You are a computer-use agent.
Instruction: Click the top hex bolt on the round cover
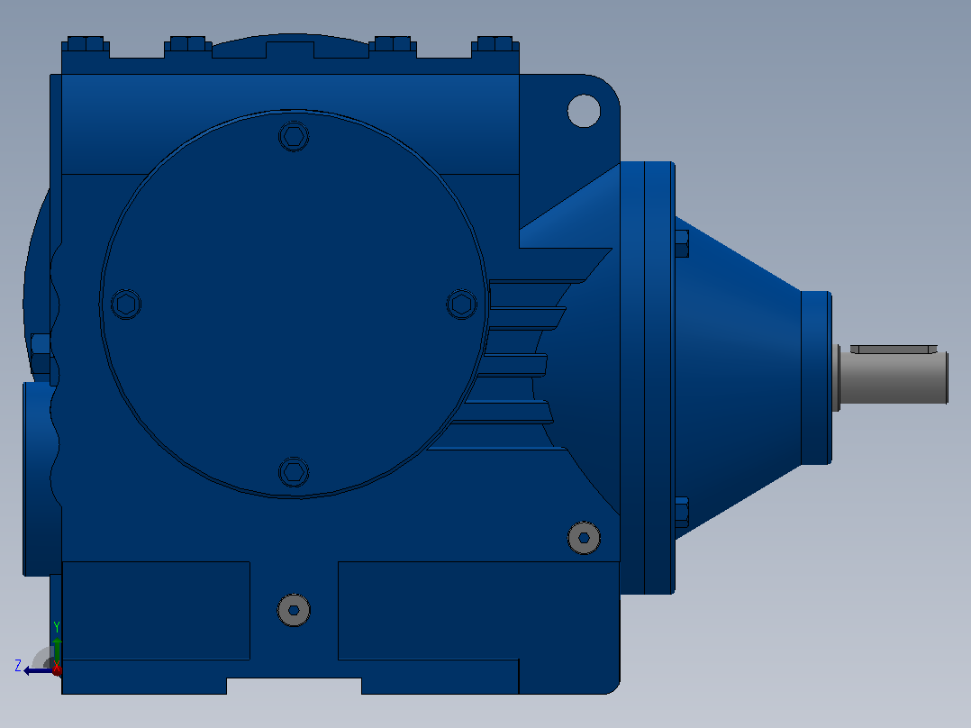pos(295,136)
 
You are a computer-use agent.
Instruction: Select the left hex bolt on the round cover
pos(126,305)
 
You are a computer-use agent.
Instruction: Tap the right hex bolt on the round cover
pos(462,305)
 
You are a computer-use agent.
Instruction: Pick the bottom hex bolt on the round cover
pos(295,472)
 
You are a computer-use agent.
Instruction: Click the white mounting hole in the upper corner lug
pos(584,111)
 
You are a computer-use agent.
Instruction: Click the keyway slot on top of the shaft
pos(894,350)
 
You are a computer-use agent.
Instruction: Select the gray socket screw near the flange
pos(584,538)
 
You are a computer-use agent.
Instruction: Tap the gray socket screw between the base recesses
pos(295,610)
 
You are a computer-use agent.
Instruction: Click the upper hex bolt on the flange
pos(681,243)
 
